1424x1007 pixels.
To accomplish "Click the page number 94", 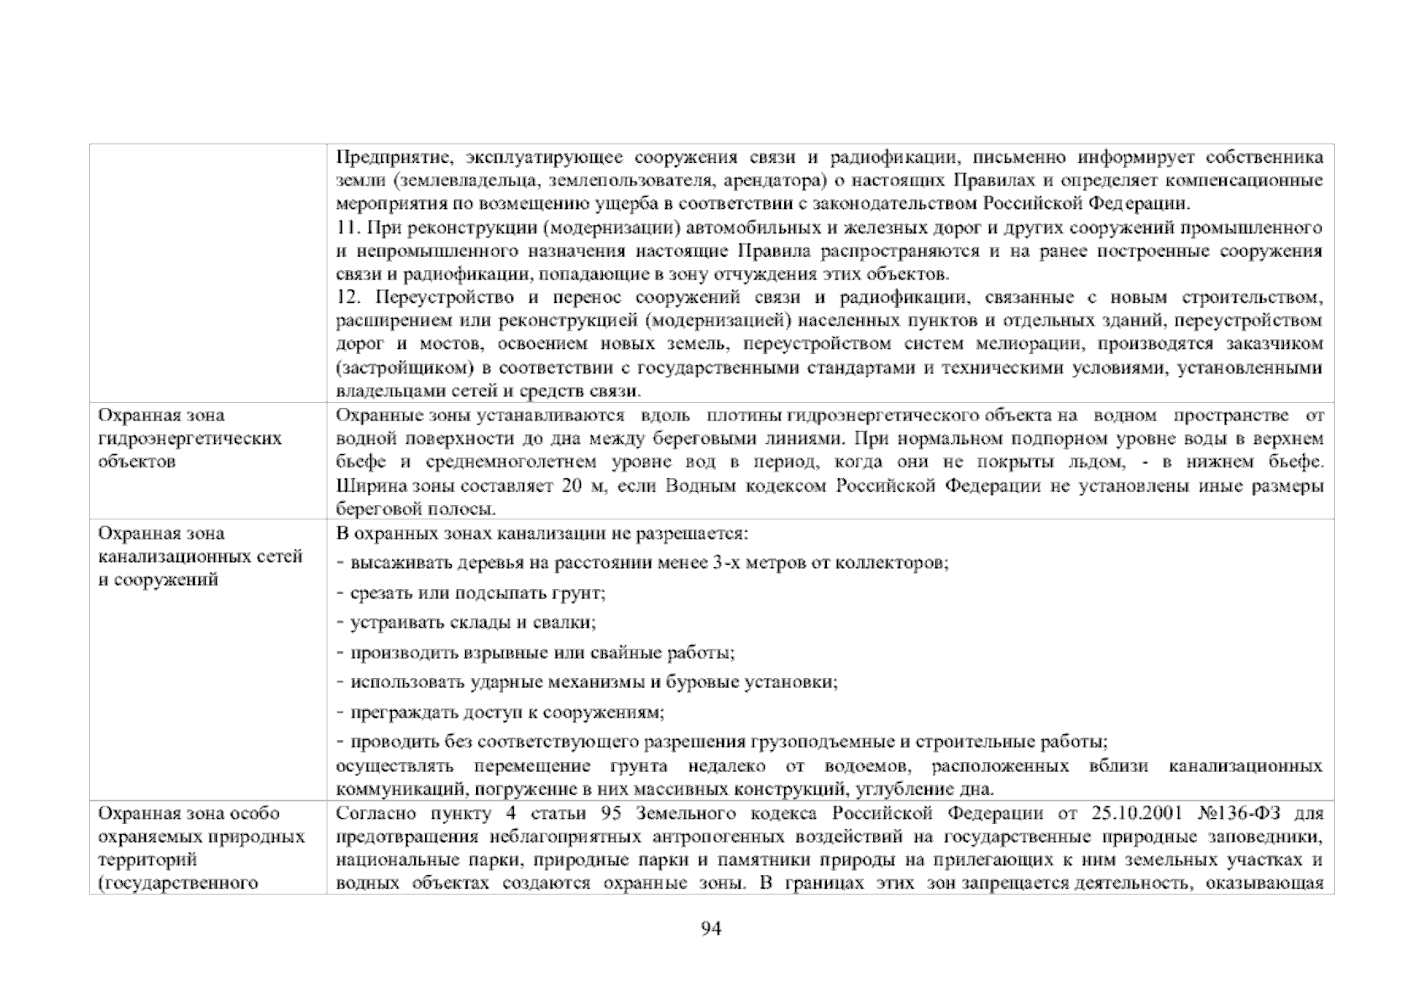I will click(x=711, y=929).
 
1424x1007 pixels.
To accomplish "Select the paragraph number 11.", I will click(x=347, y=228).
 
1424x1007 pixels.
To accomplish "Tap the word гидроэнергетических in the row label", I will click(x=190, y=439).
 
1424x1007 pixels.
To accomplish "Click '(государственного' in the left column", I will click(x=177, y=884).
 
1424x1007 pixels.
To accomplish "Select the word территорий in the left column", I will click(x=147, y=860).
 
